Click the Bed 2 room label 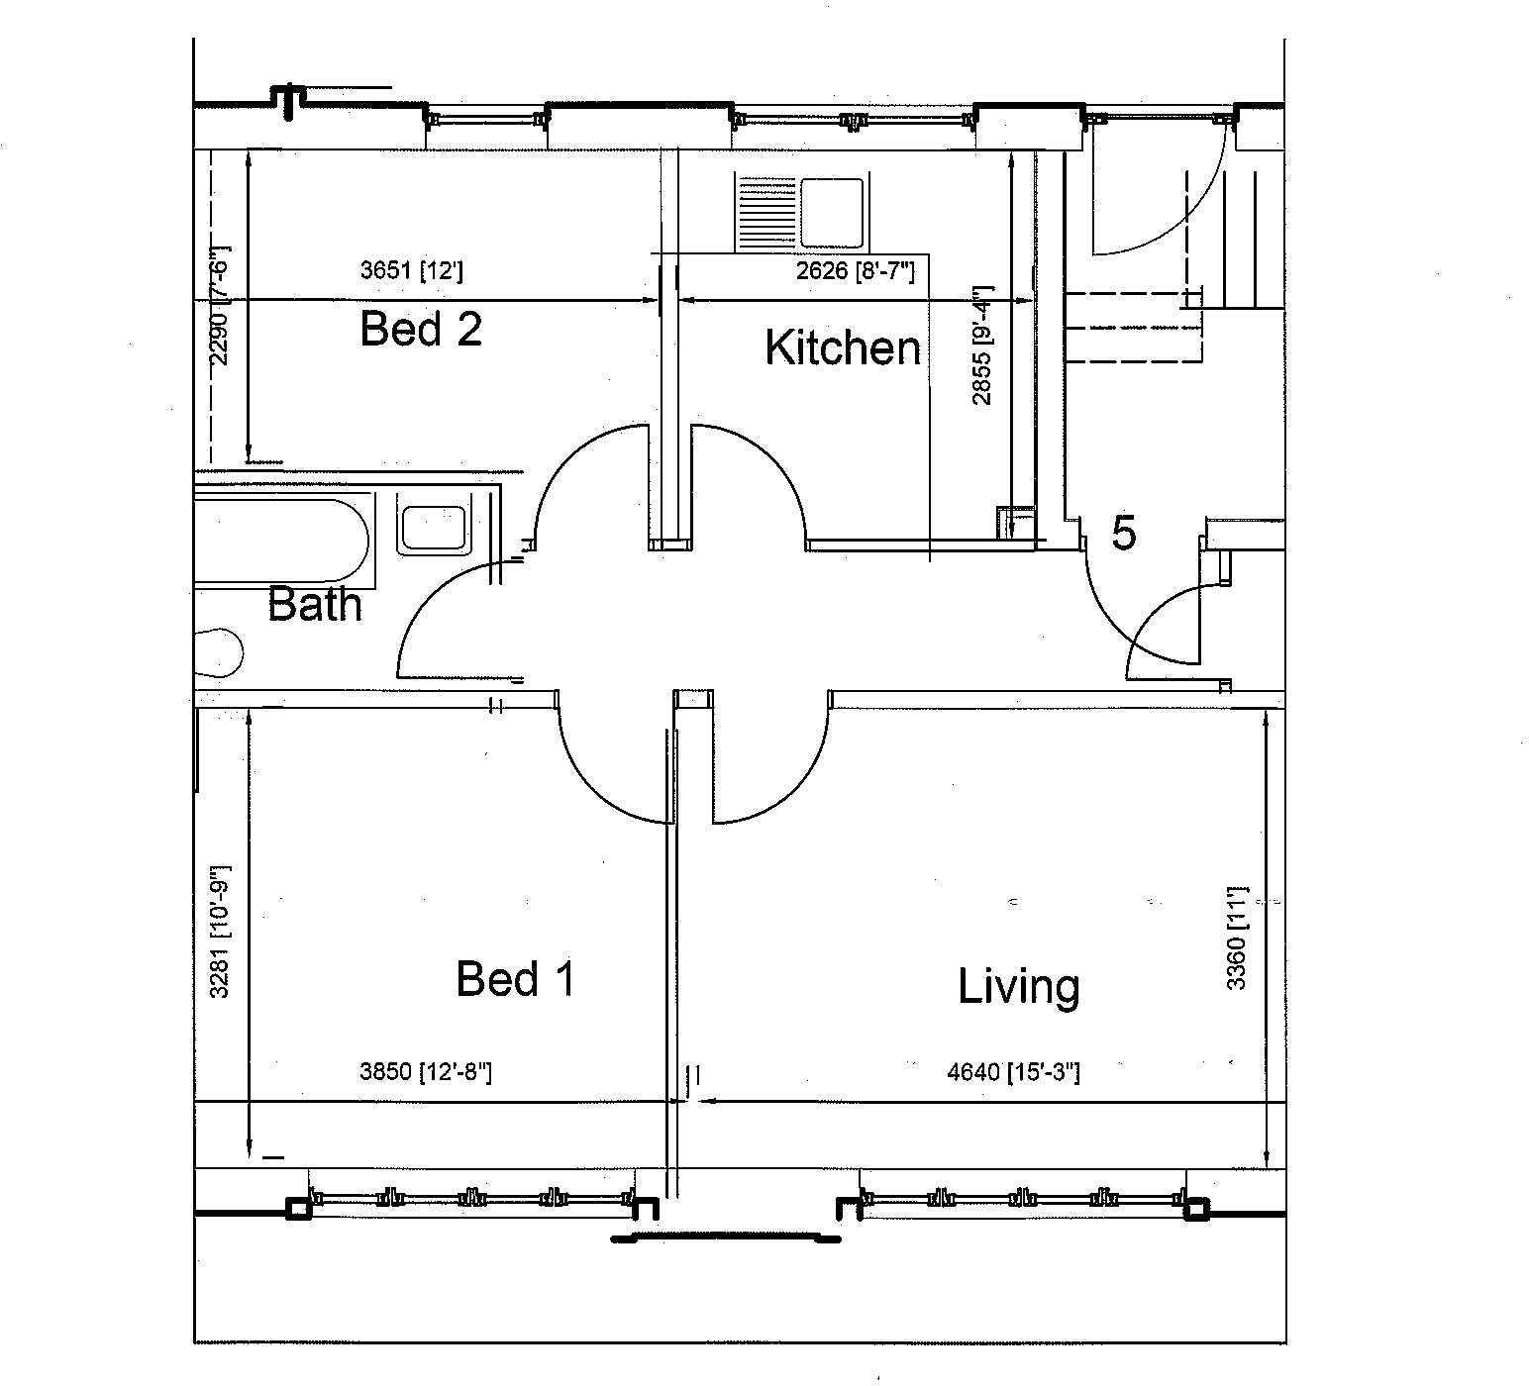click(421, 328)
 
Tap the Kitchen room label click(843, 347)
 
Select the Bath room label click(315, 603)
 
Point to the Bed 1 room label click(515, 979)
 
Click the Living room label click(1018, 987)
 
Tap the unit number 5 click(1123, 534)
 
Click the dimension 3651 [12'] click(411, 270)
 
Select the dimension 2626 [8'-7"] click(855, 270)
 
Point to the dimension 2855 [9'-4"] click(981, 346)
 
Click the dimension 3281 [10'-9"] click(220, 932)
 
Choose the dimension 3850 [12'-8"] click(426, 1071)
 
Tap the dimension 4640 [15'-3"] click(1013, 1071)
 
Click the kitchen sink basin click(831, 212)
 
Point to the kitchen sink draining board click(766, 212)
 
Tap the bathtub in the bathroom click(282, 540)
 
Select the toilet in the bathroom click(219, 654)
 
